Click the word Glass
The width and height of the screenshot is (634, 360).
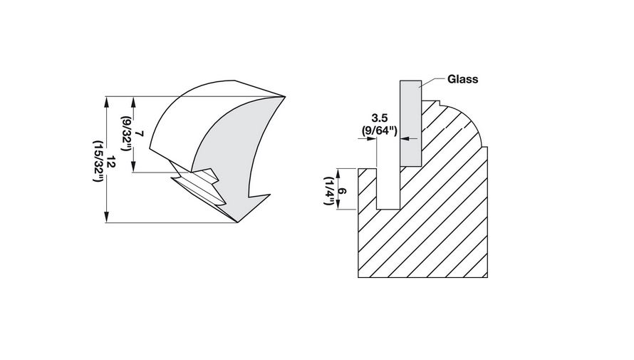[x=463, y=79]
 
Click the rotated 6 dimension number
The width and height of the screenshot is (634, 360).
[x=342, y=189]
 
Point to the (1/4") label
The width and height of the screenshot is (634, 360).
[x=330, y=190]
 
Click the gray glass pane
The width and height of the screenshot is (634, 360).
[x=410, y=121]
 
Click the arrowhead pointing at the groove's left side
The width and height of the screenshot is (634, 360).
[x=373, y=139]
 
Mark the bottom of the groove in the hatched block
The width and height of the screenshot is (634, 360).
[x=388, y=208]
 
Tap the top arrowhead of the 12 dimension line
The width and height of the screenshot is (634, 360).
[x=107, y=100]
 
